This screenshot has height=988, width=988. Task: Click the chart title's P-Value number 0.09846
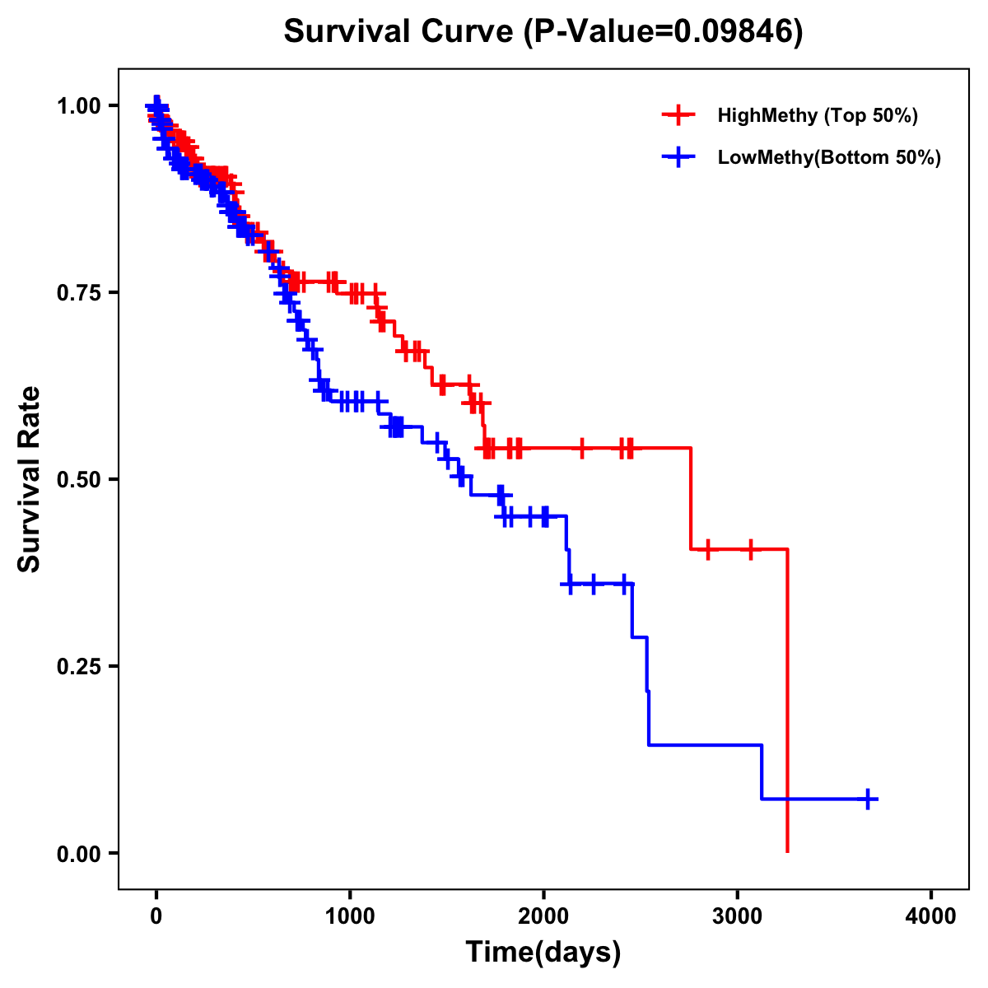(734, 31)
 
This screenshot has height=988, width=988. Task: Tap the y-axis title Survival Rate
(30, 478)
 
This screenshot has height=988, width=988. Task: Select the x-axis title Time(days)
(543, 953)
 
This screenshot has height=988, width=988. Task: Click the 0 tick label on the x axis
(156, 916)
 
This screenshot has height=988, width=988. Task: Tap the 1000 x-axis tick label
(350, 916)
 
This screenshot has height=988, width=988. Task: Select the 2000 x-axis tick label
(543, 916)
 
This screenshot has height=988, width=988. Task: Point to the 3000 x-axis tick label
(738, 916)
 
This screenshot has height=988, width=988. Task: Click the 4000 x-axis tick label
(931, 916)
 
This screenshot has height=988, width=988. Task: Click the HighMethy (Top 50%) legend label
(818, 115)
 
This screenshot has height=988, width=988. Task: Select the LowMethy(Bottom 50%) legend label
(829, 157)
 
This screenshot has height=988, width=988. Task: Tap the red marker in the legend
(678, 115)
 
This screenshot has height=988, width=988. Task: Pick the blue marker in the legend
(678, 157)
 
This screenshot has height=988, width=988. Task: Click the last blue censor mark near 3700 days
(868, 799)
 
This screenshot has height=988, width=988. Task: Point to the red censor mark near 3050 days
(751, 549)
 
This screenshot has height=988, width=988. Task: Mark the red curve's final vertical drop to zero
(788, 700)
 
